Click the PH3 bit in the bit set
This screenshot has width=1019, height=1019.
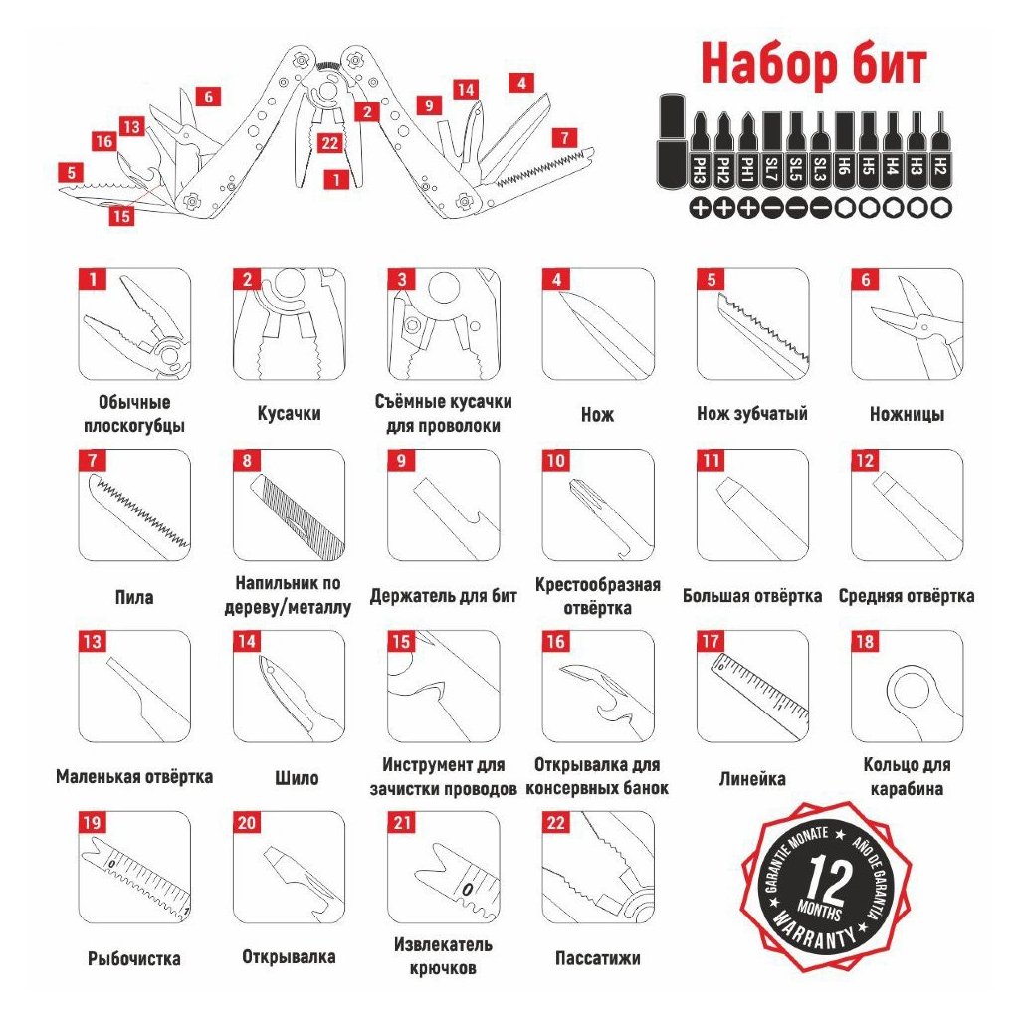[x=700, y=151]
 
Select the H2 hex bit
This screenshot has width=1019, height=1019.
[x=939, y=151]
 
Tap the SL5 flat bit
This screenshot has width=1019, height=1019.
[x=795, y=151]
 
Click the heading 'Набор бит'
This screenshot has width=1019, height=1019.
[x=814, y=64]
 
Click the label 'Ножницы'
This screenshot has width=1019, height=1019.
[x=907, y=414]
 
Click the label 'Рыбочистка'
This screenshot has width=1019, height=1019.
[x=134, y=958]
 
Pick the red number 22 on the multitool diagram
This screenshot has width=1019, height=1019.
[x=330, y=143]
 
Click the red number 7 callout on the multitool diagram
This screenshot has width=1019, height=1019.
[x=564, y=138]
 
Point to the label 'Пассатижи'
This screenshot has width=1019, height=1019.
[x=597, y=958]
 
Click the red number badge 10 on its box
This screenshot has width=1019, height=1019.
[x=556, y=460]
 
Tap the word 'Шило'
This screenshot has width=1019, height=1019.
[x=297, y=778]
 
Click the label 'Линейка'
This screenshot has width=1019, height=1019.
[x=752, y=778]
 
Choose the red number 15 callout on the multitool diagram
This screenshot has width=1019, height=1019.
[x=121, y=215]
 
